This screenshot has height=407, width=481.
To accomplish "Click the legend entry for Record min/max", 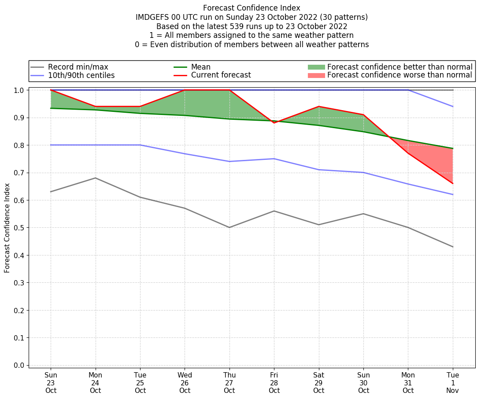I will [78, 67].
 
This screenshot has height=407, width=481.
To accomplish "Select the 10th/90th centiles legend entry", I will [81, 75].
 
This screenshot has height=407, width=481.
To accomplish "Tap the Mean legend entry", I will [200, 67].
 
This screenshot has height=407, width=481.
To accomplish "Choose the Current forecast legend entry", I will [221, 75].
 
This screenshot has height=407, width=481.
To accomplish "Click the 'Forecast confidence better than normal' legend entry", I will [400, 67].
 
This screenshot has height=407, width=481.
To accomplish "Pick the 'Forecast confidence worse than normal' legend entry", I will [400, 75].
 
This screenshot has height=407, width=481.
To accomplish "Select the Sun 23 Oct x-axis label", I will [51, 383].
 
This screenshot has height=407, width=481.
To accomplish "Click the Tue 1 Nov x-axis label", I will [453, 383].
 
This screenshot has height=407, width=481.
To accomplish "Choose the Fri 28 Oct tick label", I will [274, 383].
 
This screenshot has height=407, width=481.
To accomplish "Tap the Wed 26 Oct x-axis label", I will [185, 383].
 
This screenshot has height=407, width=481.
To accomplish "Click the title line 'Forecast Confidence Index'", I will [252, 8].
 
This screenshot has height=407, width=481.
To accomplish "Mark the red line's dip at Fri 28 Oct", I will [274, 123].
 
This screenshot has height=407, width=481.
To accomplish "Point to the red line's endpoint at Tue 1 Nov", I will [453, 183].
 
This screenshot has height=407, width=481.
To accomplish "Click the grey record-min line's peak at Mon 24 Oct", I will [96, 178].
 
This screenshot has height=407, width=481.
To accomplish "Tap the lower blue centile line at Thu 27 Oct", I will [229, 161].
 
